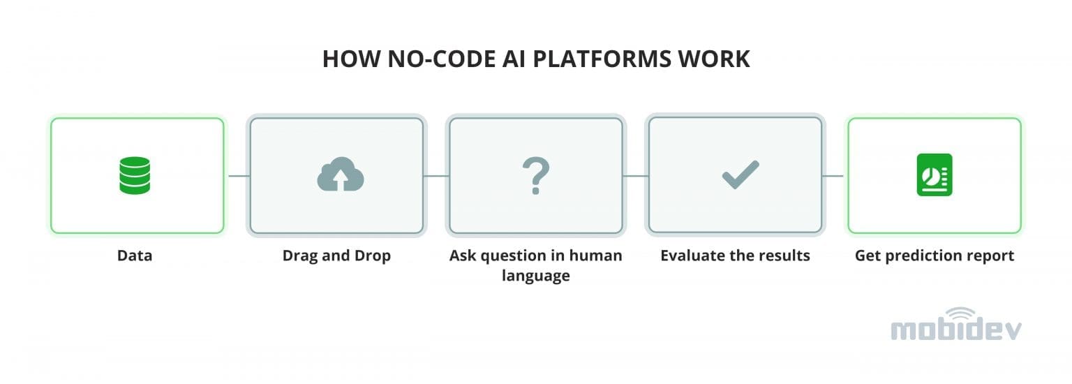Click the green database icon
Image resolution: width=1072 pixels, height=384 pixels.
coord(135,175)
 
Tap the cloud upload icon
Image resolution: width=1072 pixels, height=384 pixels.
coord(340,175)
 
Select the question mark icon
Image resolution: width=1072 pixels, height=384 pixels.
coord(536,175)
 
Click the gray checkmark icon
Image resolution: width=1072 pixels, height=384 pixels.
coord(740,175)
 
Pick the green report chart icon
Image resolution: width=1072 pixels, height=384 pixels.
coord(934,175)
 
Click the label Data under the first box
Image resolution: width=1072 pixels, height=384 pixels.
coord(135,256)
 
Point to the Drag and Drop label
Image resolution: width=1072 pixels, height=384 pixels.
coord(336,256)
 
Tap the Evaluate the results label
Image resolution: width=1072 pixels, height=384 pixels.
coord(735,256)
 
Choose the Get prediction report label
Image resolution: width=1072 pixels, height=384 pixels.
coord(934,256)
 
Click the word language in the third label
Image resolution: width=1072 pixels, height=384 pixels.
coord(535,276)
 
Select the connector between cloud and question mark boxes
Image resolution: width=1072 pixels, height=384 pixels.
coord(436,176)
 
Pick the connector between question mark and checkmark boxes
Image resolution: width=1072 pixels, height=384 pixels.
coord(636,176)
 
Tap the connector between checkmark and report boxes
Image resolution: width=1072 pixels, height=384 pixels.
coord(835,176)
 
